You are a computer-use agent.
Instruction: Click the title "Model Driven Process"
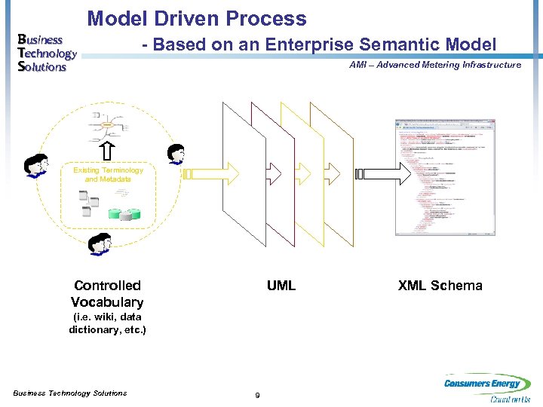tap(197, 19)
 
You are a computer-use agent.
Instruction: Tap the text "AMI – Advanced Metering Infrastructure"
tap(435, 65)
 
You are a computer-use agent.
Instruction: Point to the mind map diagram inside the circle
tap(107, 124)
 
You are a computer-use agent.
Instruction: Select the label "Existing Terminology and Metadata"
tap(108, 175)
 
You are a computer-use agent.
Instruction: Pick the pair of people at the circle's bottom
tap(99, 245)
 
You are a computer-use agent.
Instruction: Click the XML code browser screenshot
tap(445, 177)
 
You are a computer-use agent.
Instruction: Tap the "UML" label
tap(281, 286)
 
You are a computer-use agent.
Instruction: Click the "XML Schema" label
tap(440, 286)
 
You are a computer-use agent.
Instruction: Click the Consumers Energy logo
tap(486, 389)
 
